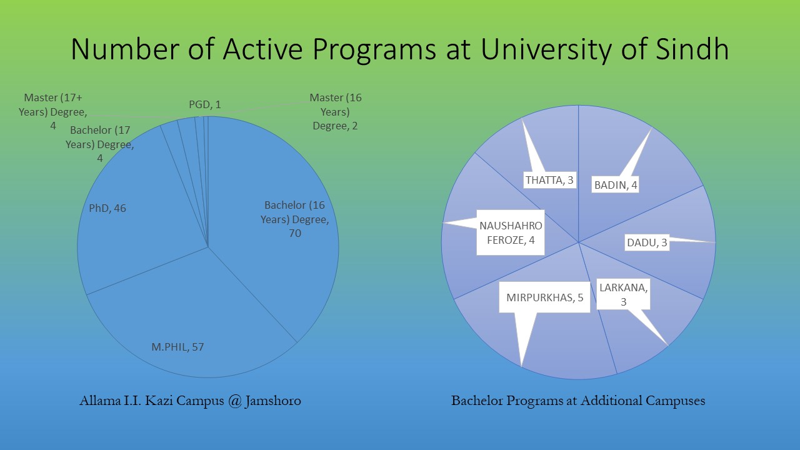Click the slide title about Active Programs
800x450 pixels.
click(x=399, y=49)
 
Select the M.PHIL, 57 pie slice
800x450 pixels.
click(x=187, y=312)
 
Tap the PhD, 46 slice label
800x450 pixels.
click(x=107, y=208)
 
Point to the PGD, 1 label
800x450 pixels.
click(x=205, y=104)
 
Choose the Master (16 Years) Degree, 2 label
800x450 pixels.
click(x=336, y=112)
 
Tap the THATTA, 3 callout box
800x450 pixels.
click(x=549, y=180)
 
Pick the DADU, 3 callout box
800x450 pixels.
click(x=647, y=242)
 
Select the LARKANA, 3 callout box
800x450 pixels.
click(x=623, y=294)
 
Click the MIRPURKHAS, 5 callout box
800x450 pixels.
click(x=544, y=297)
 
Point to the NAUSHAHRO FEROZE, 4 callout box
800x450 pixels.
click(x=510, y=232)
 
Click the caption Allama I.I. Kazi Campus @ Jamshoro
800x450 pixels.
click(x=190, y=401)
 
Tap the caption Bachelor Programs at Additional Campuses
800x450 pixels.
click(x=578, y=401)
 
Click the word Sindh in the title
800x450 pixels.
click(x=693, y=49)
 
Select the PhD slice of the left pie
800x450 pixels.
click(x=137, y=225)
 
